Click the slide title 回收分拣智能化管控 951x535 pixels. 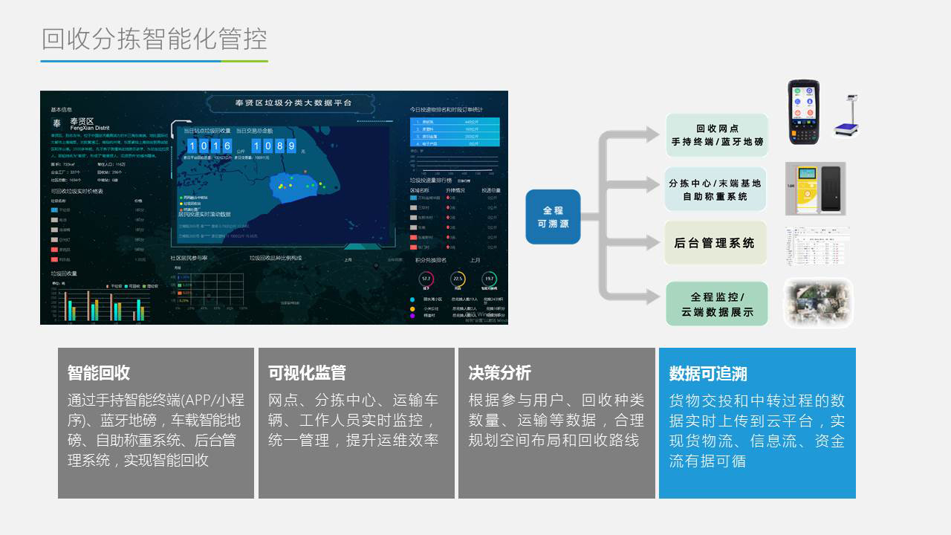[155, 39]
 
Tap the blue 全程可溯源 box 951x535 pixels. [553, 217]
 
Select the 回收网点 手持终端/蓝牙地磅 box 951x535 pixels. [717, 135]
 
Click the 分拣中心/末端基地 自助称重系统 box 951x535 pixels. [715, 189]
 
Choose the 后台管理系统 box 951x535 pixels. [715, 243]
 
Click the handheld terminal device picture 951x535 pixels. [804, 111]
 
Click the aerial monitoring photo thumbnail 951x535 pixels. [818, 303]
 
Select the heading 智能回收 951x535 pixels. [99, 373]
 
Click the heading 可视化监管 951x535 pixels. [307, 373]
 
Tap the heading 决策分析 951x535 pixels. [500, 373]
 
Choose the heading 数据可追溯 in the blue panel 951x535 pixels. [708, 373]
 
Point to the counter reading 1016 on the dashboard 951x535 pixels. [210, 146]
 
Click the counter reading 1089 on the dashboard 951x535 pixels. [275, 146]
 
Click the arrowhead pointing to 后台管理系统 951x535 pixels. [652, 242]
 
